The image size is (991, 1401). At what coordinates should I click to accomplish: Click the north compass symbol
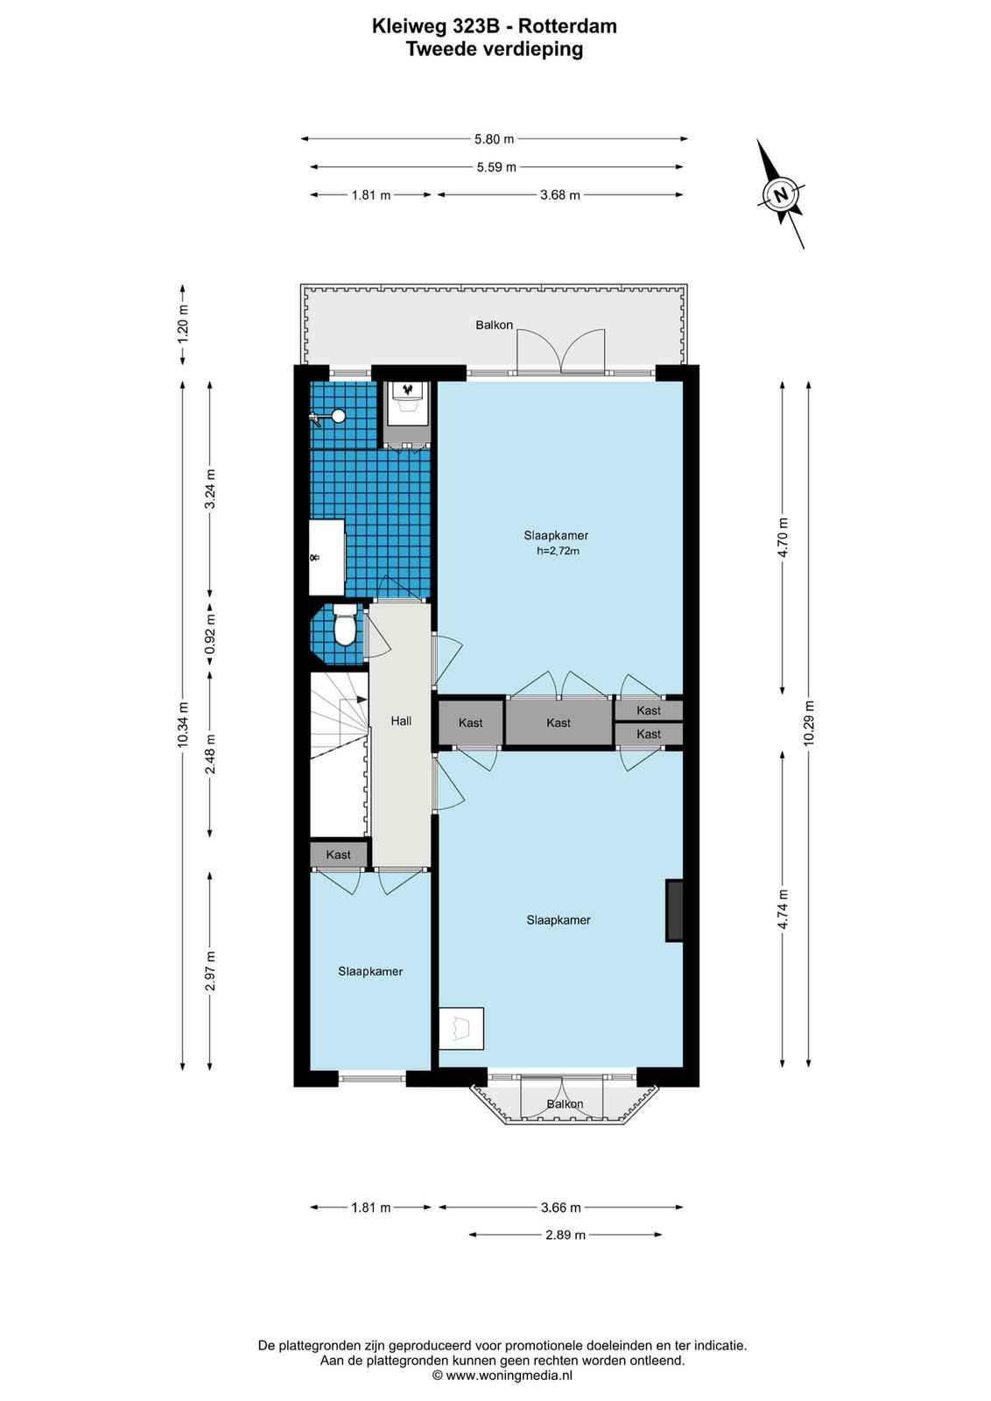tap(780, 194)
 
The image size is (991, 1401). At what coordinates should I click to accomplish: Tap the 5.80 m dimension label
tap(494, 139)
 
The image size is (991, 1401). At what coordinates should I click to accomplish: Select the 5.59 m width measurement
tap(496, 167)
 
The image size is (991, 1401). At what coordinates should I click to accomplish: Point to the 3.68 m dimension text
tap(560, 195)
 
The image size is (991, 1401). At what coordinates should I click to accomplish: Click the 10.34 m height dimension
tap(183, 723)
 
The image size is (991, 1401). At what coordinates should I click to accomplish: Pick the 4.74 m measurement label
tap(783, 909)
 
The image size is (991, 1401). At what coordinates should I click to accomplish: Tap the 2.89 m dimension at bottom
tap(566, 1235)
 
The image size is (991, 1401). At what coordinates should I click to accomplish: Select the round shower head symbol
tap(338, 415)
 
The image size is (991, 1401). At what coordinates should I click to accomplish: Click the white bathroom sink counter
tap(327, 557)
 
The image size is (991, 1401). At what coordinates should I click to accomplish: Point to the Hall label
tap(401, 722)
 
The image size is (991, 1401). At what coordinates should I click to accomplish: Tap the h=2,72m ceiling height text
tap(558, 551)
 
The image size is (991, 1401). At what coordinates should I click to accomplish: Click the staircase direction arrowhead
tap(362, 700)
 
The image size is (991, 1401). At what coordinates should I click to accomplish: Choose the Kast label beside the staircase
tap(338, 855)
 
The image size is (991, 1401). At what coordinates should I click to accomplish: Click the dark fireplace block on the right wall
tap(673, 910)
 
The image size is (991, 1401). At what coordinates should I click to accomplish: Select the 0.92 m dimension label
tap(211, 633)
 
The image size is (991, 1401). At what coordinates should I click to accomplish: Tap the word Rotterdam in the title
tap(567, 26)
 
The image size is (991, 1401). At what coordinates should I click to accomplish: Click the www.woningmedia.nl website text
tap(509, 1375)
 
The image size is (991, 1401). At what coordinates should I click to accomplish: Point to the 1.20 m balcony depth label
tap(183, 323)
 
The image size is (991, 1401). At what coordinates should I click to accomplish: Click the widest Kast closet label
tap(559, 723)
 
